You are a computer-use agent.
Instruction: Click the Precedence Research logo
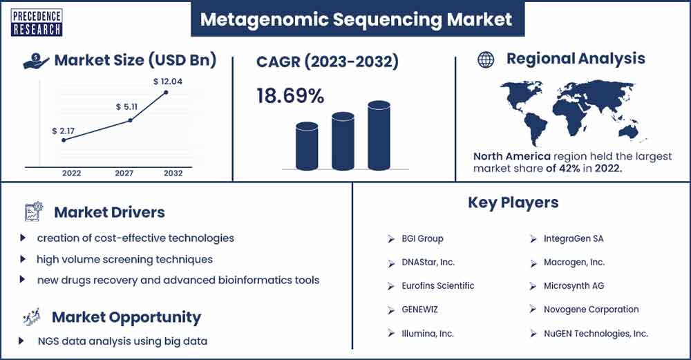(37, 23)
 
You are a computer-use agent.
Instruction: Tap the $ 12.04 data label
(167, 82)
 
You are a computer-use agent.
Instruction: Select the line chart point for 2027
(130, 120)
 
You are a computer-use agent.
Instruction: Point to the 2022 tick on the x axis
(71, 173)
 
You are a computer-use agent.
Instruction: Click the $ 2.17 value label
(63, 131)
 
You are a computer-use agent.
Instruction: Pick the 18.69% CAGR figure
(290, 95)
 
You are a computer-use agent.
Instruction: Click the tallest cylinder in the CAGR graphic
(379, 135)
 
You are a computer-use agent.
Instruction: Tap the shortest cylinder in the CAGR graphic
(307, 146)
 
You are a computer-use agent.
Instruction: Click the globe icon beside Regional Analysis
(486, 59)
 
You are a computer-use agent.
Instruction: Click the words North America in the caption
(511, 156)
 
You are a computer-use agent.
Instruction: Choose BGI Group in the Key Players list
(422, 238)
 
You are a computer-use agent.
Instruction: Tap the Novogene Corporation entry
(591, 310)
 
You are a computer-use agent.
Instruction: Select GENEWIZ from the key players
(419, 310)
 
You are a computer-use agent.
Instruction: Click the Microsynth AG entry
(574, 286)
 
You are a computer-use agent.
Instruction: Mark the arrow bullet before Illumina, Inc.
(391, 334)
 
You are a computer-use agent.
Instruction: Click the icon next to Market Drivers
(33, 211)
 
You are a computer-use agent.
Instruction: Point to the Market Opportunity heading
(126, 317)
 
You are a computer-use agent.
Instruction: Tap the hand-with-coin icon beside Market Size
(36, 61)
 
